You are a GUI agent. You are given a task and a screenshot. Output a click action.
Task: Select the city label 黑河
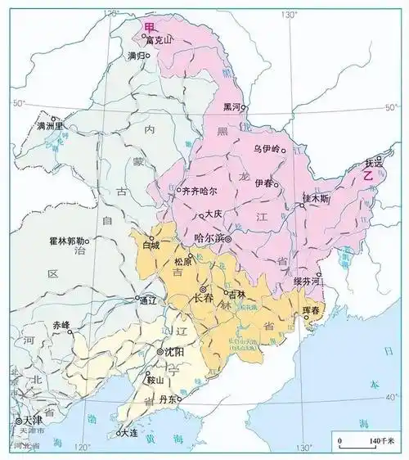click(232, 107)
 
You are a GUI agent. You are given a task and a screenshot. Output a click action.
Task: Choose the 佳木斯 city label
click(316, 198)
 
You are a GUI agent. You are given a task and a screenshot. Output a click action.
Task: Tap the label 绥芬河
click(308, 281)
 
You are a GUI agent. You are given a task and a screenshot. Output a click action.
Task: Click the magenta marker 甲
click(148, 27)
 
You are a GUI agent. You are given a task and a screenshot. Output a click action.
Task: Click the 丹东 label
click(169, 399)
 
